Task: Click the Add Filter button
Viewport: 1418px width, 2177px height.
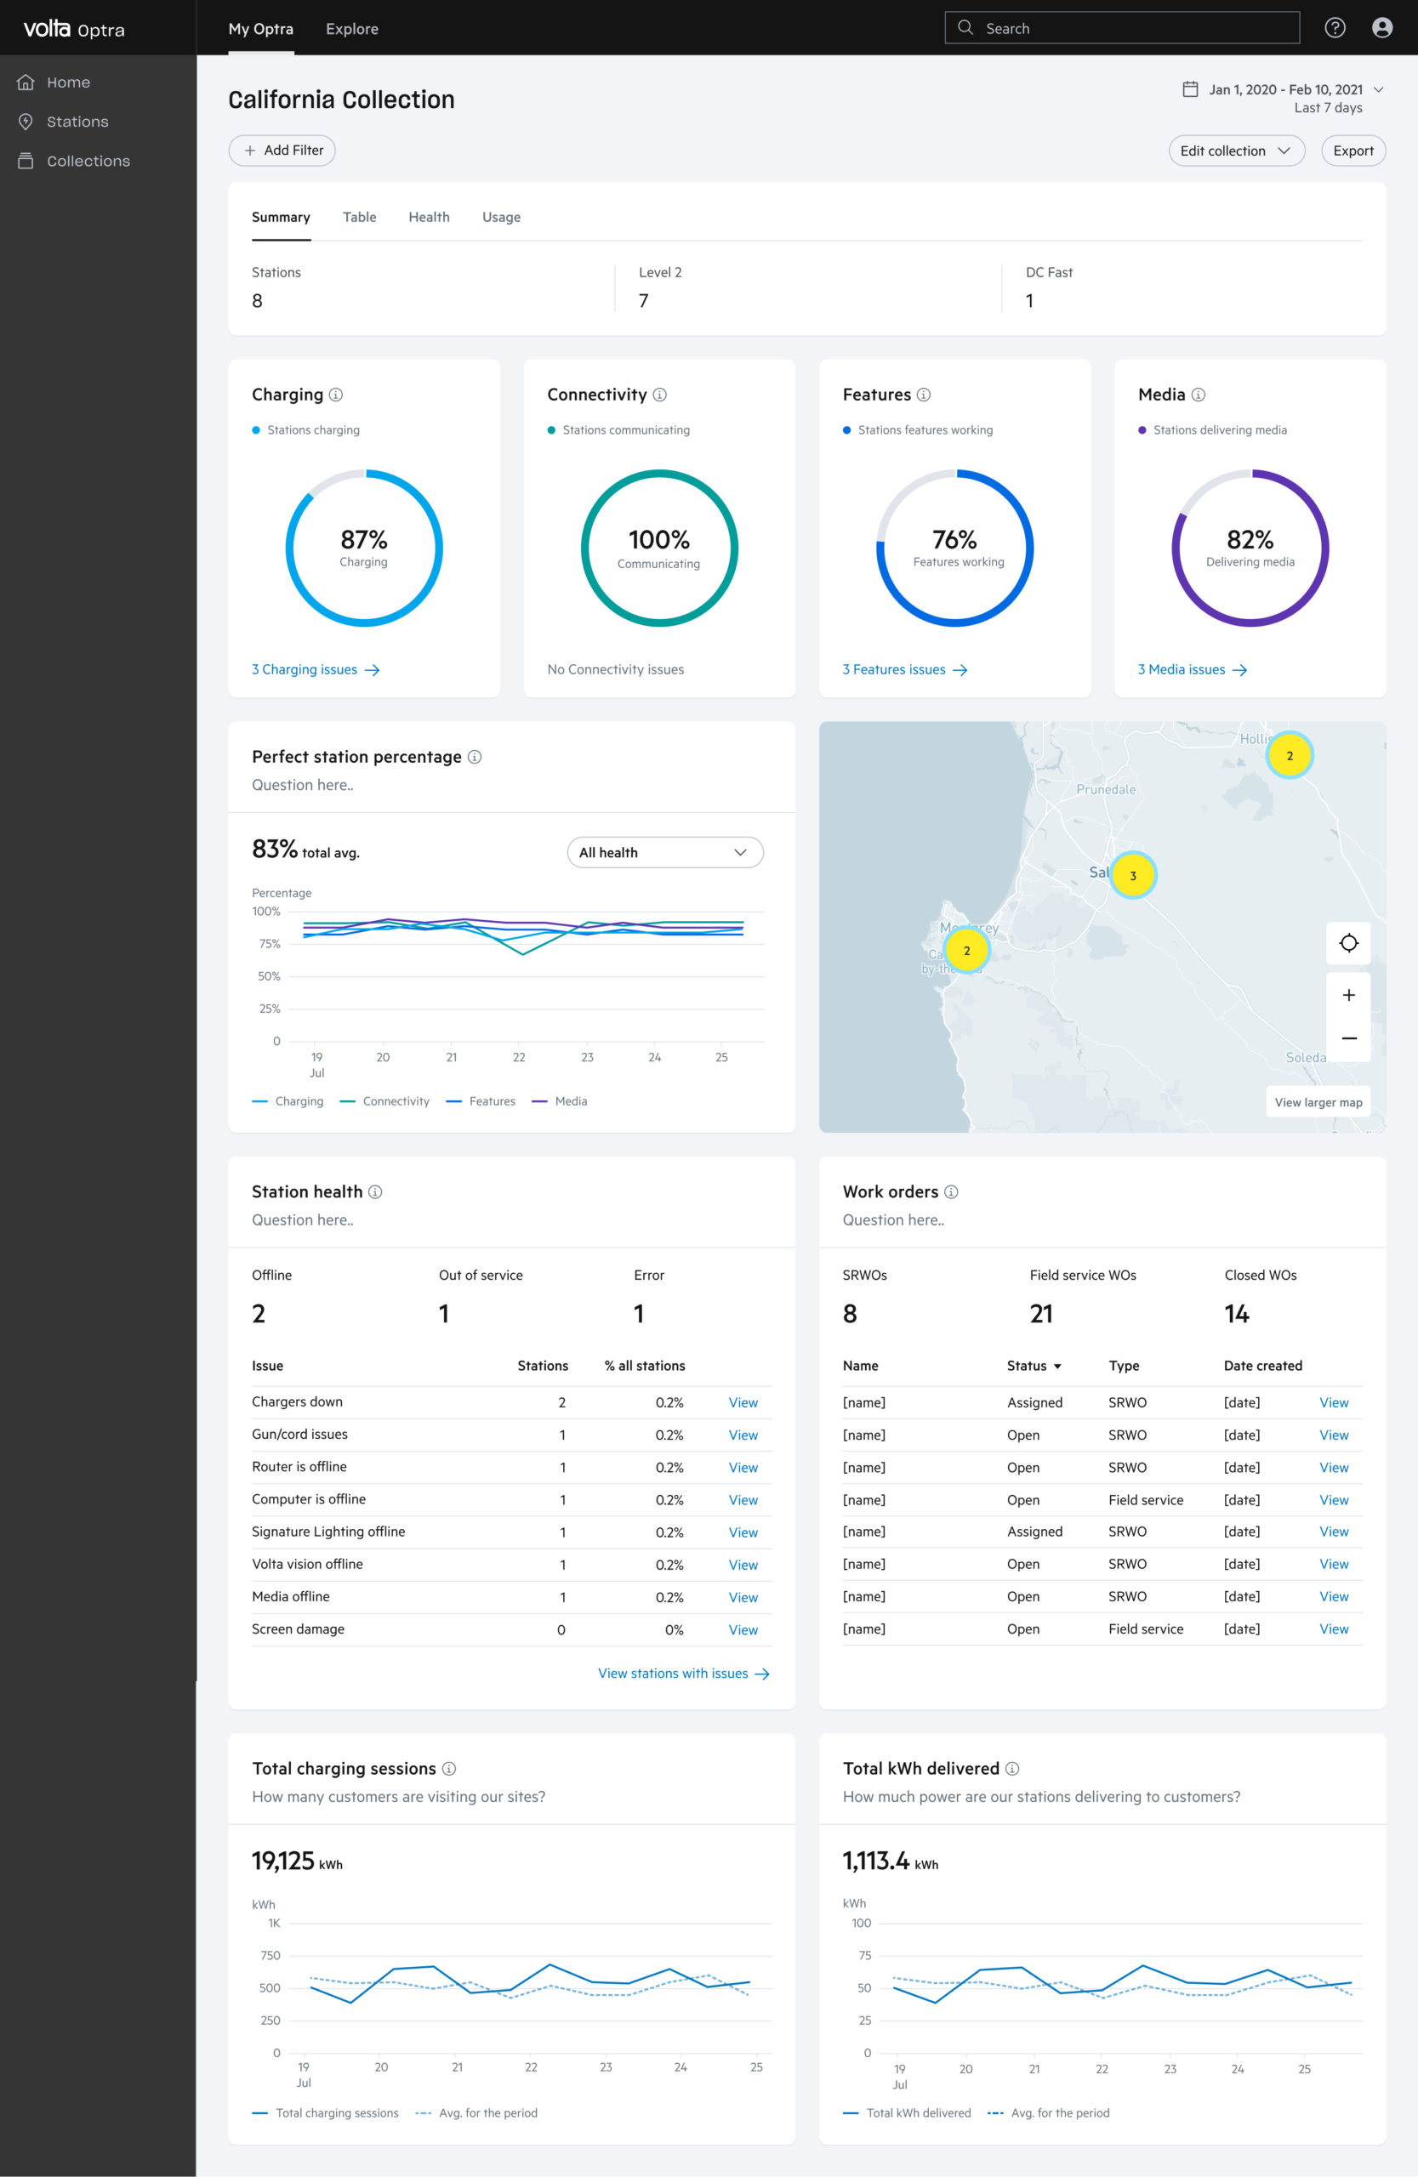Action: click(282, 151)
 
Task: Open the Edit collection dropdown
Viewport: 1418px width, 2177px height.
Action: click(1236, 151)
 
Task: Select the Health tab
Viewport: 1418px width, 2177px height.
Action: click(429, 218)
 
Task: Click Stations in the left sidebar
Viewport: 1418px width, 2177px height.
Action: click(77, 122)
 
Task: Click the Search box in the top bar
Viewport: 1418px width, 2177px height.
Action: click(1122, 28)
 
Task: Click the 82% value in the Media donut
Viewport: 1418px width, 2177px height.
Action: click(1250, 540)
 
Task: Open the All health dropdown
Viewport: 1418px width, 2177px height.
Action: click(665, 852)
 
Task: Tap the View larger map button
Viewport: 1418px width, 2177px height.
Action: click(1318, 1102)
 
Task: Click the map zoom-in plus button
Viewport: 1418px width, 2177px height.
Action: click(1348, 995)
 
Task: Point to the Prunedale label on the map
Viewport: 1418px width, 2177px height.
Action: click(1106, 789)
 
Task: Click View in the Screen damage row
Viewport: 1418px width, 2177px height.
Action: click(743, 1630)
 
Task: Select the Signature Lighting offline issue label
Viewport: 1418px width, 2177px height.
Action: click(328, 1532)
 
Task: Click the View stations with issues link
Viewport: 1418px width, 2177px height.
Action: click(683, 1674)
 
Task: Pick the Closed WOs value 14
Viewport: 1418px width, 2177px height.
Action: click(1237, 1315)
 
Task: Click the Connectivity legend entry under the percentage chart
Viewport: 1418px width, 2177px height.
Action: click(384, 1101)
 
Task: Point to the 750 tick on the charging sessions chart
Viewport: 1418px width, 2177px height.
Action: click(271, 1956)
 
